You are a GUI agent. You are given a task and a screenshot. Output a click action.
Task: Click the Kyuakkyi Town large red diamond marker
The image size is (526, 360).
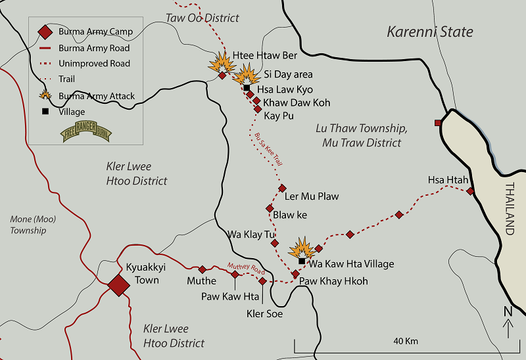tap(119, 285)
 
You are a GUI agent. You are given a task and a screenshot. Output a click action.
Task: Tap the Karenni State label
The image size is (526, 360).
tap(429, 32)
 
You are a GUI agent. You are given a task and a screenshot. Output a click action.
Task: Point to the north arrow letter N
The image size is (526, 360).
tap(506, 311)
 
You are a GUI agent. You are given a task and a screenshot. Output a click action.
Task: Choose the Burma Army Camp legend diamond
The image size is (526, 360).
tap(45, 32)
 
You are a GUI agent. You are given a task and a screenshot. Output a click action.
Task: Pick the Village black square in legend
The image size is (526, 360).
tap(45, 112)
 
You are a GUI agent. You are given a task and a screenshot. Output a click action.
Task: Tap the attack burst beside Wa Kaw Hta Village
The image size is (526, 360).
tap(302, 248)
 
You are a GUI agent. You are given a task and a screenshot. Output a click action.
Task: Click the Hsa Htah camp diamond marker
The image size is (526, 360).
tap(471, 191)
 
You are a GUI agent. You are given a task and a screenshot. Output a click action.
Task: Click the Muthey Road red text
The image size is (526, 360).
tap(245, 267)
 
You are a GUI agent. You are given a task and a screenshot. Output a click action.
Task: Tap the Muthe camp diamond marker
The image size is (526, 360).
tap(203, 269)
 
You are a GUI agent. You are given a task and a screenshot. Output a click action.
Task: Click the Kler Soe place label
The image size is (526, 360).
tap(264, 314)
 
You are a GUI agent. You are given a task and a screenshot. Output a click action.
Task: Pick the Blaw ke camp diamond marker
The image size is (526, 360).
tap(270, 208)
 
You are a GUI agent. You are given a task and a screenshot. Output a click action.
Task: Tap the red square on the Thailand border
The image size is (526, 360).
tap(437, 123)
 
